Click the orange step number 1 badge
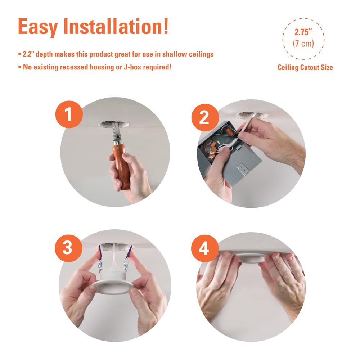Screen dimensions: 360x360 pyautogui.click(x=69, y=114)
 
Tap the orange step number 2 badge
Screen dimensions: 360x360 pyautogui.click(x=205, y=117)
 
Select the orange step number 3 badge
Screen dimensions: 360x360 pyautogui.click(x=68, y=248)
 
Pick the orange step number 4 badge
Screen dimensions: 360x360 pyautogui.click(x=205, y=248)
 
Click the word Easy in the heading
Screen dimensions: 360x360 pyautogui.click(x=38, y=27)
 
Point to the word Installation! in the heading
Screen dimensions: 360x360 pyautogui.click(x=116, y=26)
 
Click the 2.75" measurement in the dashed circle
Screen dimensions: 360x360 pyautogui.click(x=303, y=32)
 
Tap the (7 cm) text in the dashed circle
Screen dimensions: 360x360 pyautogui.click(x=303, y=43)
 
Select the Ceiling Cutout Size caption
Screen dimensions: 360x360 pyautogui.click(x=305, y=68)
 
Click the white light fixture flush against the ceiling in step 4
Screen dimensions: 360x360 pyautogui.click(x=252, y=258)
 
